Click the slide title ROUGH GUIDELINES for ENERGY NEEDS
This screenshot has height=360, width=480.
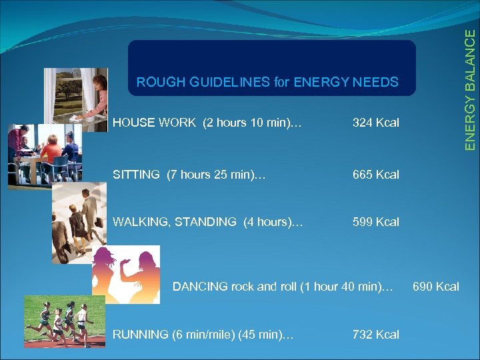click(267, 83)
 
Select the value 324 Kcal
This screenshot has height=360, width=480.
click(376, 123)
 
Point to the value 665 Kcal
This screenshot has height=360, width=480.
click(376, 175)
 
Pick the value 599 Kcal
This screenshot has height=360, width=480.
click(376, 222)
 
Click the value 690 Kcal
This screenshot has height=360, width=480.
click(436, 287)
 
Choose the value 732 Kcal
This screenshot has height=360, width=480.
click(376, 335)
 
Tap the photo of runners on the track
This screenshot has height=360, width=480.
click(64, 321)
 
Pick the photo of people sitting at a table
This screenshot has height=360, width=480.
click(44, 153)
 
